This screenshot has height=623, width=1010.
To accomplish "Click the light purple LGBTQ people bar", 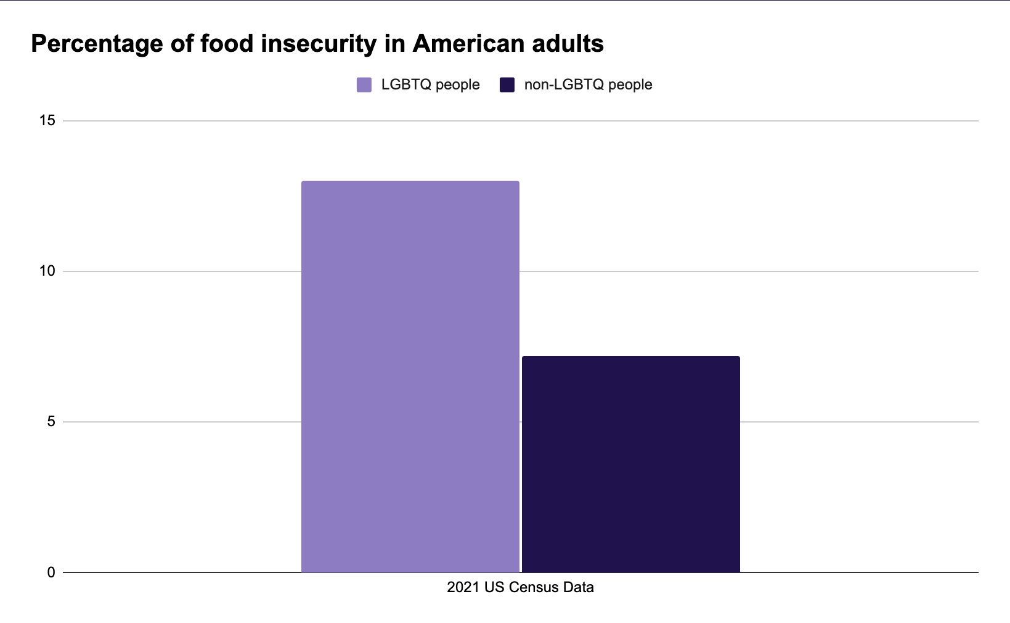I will pos(410,376).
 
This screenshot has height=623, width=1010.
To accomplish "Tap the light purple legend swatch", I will pos(364,85).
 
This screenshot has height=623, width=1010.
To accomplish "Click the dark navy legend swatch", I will pos(507,85).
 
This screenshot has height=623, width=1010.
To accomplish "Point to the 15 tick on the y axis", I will pos(47,121).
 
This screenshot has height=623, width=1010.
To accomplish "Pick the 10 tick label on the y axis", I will pos(47,271).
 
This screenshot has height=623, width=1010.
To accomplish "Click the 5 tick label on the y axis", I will pos(51,422).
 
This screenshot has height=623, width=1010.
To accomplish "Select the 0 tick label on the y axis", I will pos(51,572).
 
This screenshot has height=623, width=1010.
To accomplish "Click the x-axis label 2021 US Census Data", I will pos(520,587).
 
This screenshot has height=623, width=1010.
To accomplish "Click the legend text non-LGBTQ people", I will pos(588,85).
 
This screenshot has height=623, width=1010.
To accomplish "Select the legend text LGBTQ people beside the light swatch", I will pos(430,85).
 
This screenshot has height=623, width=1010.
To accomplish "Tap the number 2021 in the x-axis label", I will pos(463,587).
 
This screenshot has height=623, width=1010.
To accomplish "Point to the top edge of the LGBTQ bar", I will pos(410,181).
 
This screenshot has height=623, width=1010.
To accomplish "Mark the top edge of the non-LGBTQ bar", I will pos(630,357).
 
